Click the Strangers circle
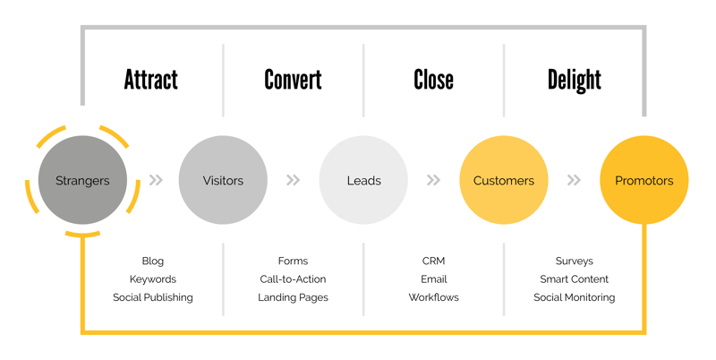82,180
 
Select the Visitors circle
223,180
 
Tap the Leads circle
363,180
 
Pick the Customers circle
504,180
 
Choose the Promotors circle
644,180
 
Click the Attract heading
151,80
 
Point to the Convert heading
294,80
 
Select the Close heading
433,80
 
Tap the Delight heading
575,81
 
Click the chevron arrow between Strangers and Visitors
156,180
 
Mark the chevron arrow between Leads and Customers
433,180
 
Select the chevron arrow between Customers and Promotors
574,180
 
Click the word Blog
152,261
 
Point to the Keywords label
152,279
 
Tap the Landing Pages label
294,297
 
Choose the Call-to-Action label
294,279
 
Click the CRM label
433,261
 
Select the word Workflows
433,297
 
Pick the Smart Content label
575,279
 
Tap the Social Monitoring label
575,297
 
